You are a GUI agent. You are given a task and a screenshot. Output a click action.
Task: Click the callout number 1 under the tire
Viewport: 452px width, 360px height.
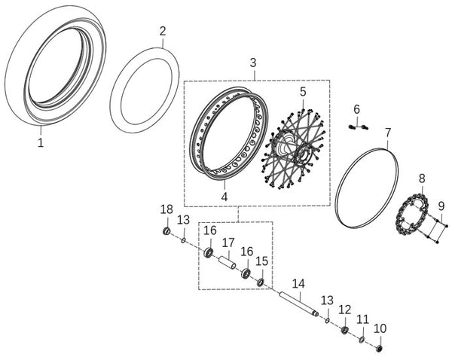[41, 142]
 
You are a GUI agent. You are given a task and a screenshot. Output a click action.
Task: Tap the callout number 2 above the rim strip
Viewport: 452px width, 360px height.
[163, 31]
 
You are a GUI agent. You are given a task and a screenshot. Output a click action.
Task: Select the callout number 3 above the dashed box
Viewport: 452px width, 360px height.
[253, 63]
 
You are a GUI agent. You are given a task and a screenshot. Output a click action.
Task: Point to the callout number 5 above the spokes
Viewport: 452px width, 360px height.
[303, 92]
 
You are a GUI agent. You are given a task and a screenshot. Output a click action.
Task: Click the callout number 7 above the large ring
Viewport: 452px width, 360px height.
[388, 133]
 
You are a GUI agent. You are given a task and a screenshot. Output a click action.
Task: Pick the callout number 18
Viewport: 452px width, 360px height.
[166, 209]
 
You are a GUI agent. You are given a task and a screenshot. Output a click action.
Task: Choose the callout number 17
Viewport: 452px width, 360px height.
[228, 243]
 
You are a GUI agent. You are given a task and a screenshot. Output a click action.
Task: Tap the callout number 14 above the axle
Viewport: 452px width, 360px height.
[298, 284]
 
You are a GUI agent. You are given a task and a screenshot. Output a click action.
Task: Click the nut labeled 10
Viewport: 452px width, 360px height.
[380, 349]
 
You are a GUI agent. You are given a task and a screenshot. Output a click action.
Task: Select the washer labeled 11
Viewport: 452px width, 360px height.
[362, 340]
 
